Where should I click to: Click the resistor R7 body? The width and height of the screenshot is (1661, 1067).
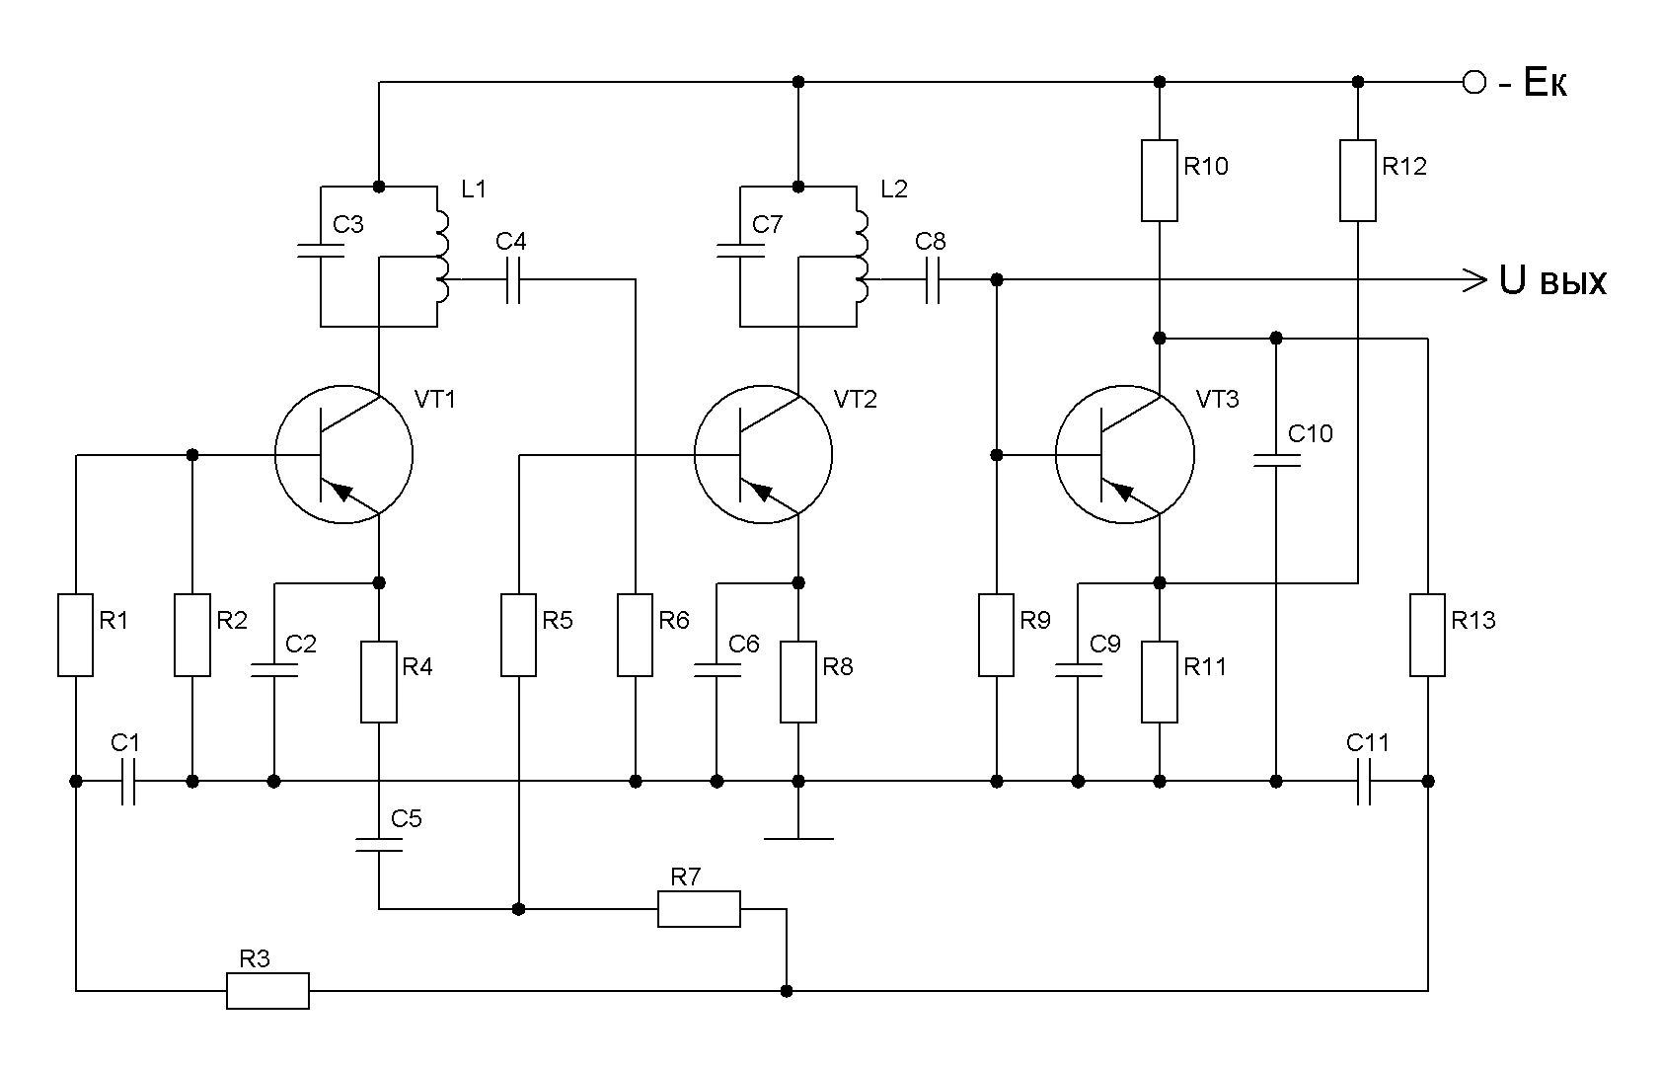pos(699,908)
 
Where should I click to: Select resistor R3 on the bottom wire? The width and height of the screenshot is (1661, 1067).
pos(267,991)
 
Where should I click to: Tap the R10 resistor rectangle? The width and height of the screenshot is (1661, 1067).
pos(1159,181)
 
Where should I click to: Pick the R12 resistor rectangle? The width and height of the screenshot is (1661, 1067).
pos(1358,181)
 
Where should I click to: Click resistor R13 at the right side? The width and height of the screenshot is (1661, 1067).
pos(1427,635)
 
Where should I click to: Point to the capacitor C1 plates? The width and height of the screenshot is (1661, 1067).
pos(128,781)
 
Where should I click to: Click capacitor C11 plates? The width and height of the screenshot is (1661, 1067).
pos(1364,781)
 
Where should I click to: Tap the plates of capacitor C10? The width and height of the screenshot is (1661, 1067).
pos(1276,461)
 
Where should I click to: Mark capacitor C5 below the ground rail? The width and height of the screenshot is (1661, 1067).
pos(379,845)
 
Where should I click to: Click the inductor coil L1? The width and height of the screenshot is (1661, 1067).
pos(442,257)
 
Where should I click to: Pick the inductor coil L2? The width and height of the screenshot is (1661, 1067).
pos(862,257)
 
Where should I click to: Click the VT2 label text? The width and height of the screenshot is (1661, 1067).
pos(855,400)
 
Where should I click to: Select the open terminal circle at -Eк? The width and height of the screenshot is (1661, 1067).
pos(1474,82)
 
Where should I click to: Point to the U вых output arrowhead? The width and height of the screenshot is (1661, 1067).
pos(1475,280)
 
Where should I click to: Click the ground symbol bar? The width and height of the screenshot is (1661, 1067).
pos(798,839)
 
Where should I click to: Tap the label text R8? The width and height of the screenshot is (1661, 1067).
pos(838,666)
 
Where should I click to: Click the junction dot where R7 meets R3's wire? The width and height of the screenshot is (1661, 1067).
pos(787,991)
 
